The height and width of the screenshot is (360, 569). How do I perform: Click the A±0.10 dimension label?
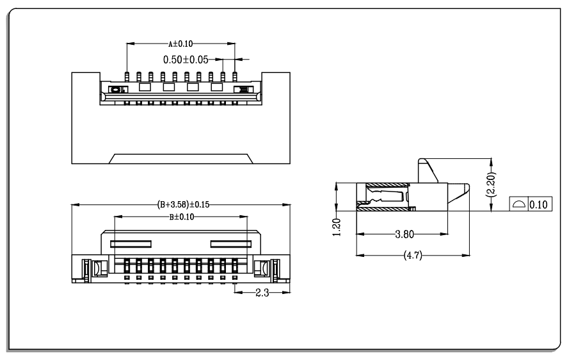180,44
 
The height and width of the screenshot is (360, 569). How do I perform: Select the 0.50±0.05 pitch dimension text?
186,60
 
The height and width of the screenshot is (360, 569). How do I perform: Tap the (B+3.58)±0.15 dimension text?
183,204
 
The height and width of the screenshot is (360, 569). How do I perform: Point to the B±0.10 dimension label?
181,217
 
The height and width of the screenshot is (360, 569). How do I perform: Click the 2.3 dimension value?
262,293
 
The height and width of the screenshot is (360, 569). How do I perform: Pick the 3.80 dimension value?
405,234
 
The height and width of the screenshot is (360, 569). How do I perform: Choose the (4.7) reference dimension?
413,256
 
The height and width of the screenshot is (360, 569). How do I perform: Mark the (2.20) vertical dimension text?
491,184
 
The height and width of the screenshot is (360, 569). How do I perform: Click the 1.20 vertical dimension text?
337,227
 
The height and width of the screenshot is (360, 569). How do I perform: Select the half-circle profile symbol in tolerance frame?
518,204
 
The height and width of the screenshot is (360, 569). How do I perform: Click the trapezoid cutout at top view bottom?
180,159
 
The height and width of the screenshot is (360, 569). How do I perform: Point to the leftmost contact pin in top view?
127,77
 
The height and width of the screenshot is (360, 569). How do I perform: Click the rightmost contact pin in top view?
235,77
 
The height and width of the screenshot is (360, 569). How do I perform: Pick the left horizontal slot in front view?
131,244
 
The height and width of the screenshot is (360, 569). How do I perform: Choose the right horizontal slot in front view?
231,244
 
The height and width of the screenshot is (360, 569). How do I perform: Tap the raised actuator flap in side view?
428,170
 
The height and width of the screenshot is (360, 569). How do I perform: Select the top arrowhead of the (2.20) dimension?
491,162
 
